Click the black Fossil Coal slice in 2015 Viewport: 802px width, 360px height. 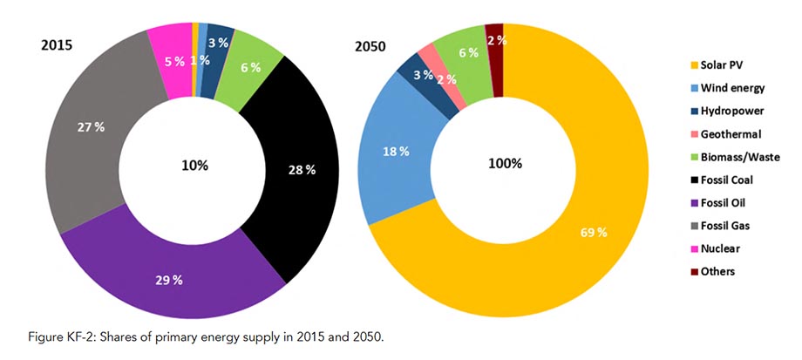coord(302,169)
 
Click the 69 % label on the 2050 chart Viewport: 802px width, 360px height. coord(594,233)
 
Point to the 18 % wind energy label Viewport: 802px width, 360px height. coord(396,152)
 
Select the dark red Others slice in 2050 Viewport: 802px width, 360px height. coord(495,58)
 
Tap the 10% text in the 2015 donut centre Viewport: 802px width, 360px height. coord(195,166)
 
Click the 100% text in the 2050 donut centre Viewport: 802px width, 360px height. coord(505,164)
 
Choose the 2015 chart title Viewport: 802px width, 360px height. coord(57,45)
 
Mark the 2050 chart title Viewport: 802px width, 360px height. coord(370,46)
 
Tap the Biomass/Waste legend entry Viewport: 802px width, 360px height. coord(735,158)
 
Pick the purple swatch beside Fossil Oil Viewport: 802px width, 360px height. coord(694,203)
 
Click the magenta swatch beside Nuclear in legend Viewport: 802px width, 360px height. coord(694,249)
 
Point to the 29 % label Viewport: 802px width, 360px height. coord(169,280)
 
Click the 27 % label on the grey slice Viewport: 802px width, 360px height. coord(91,128)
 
